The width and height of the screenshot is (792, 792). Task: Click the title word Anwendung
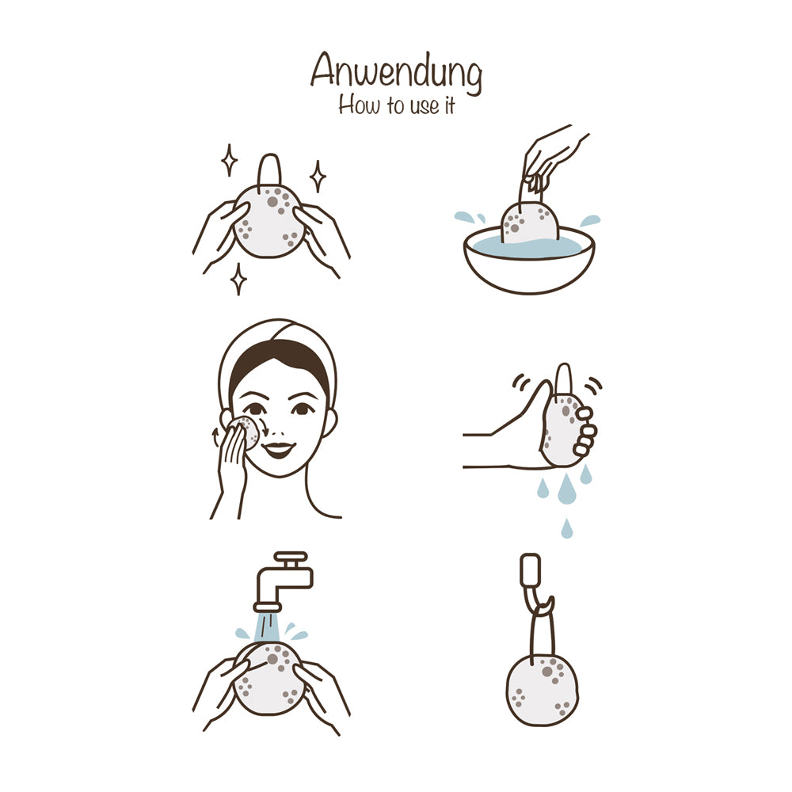[397, 73]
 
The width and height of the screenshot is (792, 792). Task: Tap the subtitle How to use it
[397, 105]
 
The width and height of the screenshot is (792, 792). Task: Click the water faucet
[283, 581]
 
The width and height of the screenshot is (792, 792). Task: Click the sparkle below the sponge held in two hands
[238, 279]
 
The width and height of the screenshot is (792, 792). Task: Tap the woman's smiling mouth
[278, 449]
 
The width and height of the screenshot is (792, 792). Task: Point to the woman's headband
[278, 348]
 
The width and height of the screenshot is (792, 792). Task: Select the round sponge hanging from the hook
[542, 690]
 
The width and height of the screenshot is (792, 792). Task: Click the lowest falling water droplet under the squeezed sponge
[567, 528]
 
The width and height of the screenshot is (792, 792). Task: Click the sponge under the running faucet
[268, 678]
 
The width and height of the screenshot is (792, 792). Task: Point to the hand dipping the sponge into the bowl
[550, 158]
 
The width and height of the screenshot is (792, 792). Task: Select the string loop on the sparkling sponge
[268, 172]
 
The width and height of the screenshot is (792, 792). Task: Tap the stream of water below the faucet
[267, 627]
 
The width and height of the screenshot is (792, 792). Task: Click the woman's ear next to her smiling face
[330, 422]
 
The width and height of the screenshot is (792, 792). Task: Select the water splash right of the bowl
[590, 220]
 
